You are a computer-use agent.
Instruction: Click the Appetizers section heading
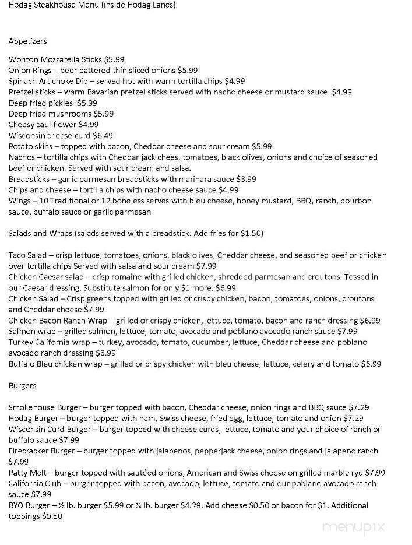click(27, 41)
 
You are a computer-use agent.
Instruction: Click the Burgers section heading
click(22, 386)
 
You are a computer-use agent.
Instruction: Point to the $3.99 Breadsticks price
click(244, 179)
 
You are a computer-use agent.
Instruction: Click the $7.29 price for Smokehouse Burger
click(358, 407)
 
